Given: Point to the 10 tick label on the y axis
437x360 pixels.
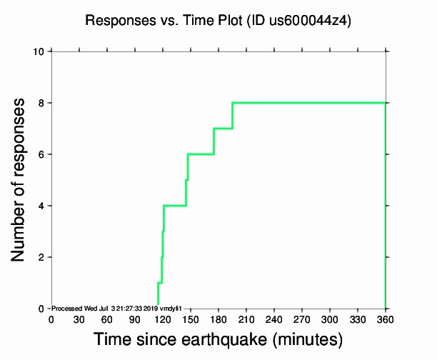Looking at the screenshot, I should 40,51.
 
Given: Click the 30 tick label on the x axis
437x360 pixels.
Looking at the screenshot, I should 79,319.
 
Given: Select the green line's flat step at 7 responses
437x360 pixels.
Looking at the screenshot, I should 223,129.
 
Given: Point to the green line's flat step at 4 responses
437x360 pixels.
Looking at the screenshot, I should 175,206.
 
